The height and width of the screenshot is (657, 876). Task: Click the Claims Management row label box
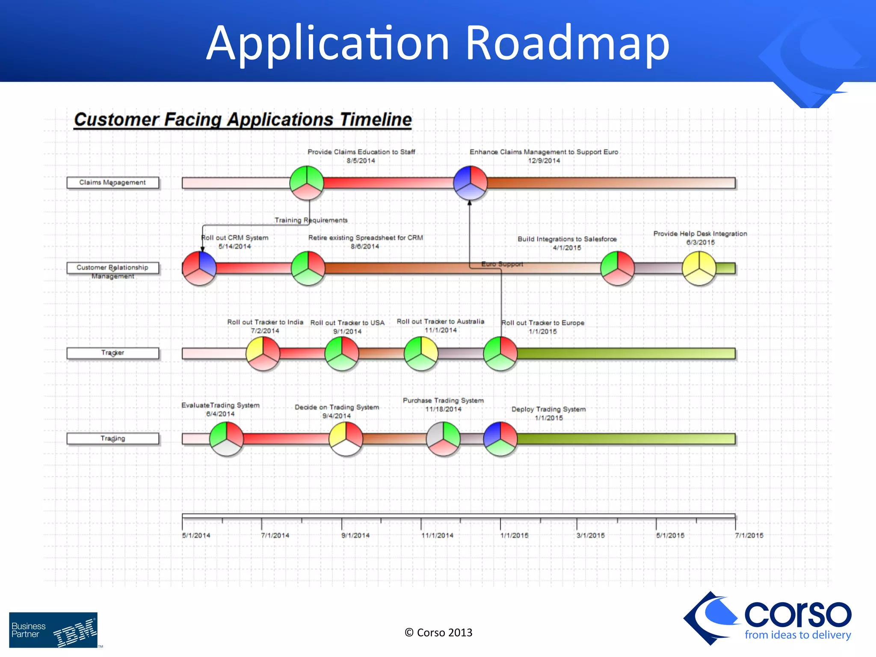(112, 183)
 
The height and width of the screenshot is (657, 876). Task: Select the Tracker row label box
(112, 353)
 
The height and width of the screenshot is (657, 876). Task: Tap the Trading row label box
(112, 438)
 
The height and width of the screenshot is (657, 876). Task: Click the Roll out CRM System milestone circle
(199, 268)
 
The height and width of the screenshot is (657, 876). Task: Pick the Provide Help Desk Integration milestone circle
(699, 268)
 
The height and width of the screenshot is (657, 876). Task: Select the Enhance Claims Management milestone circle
(470, 183)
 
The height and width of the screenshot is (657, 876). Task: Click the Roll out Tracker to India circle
(263, 353)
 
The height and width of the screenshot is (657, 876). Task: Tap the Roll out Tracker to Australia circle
(421, 353)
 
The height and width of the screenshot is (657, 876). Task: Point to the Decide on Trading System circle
(346, 439)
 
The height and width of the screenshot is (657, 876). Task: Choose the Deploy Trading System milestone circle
(500, 439)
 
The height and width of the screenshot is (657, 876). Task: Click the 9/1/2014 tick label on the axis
(355, 536)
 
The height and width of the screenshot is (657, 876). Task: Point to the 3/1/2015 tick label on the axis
(590, 536)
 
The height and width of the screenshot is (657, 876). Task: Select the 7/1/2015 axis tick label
(749, 536)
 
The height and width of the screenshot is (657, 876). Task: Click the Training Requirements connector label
(311, 220)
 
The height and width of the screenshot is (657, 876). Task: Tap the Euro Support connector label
(502, 264)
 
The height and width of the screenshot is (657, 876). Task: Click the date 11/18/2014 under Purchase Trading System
(443, 409)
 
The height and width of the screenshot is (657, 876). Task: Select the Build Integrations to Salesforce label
(567, 239)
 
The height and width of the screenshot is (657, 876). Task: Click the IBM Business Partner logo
(53, 630)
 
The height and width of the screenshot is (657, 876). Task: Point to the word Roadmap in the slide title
(567, 43)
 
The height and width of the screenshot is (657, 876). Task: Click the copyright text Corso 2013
(438, 633)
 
